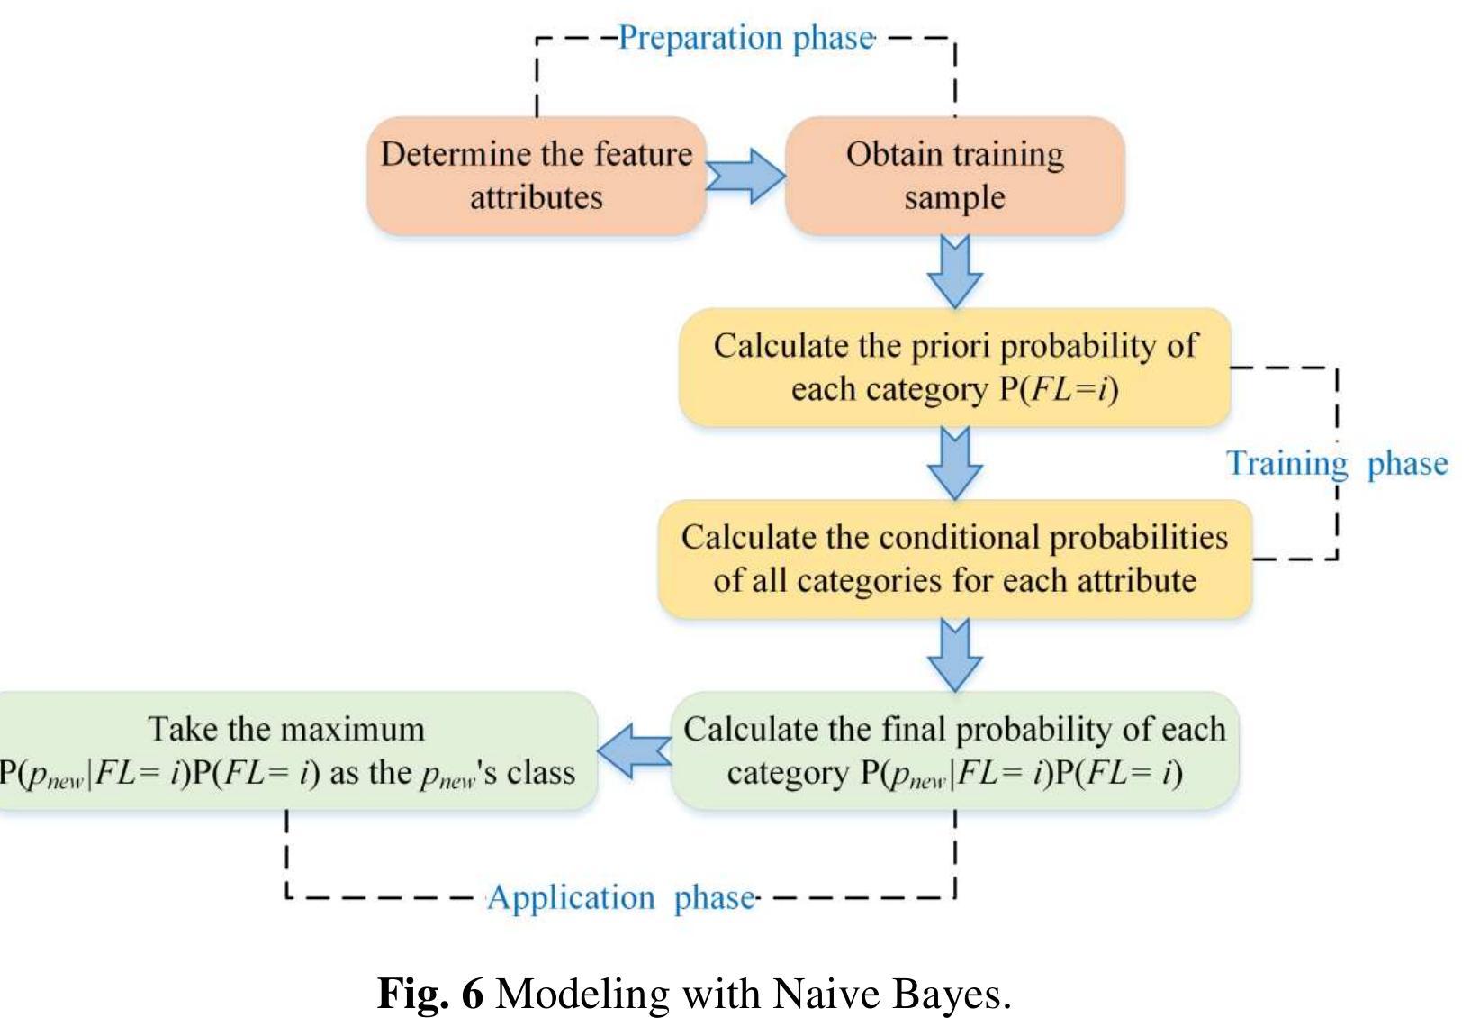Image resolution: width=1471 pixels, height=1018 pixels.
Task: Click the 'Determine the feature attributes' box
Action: (x=537, y=176)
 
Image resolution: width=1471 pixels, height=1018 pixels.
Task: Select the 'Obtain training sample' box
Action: (x=954, y=176)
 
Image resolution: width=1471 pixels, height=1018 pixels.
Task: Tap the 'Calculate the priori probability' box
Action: (x=954, y=368)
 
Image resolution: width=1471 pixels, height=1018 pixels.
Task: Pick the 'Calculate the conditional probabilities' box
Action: (x=954, y=559)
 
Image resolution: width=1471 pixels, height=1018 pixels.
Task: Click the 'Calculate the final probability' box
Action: (x=954, y=750)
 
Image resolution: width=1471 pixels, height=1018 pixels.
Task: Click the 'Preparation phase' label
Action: (x=745, y=38)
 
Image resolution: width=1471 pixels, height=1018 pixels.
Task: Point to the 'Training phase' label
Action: (x=1336, y=463)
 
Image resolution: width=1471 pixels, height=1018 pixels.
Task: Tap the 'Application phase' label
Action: (x=621, y=897)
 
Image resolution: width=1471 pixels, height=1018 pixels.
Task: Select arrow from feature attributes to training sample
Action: (x=745, y=176)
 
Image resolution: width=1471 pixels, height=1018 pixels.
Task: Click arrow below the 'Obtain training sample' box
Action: (x=954, y=272)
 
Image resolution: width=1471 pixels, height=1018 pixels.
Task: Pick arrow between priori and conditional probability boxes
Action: (x=954, y=463)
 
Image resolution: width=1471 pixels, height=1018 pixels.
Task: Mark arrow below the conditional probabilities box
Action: (x=954, y=655)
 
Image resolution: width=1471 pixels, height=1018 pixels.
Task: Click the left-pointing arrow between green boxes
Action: (x=634, y=750)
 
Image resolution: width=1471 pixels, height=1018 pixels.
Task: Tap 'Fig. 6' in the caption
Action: (x=429, y=993)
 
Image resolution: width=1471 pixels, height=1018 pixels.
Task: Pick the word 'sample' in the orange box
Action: (x=954, y=198)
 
